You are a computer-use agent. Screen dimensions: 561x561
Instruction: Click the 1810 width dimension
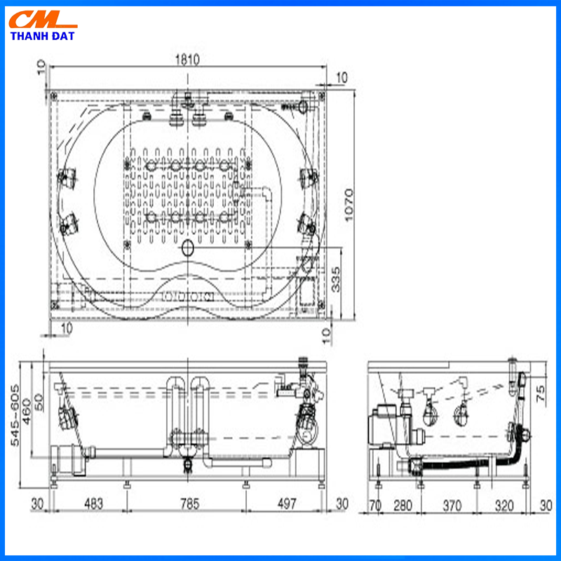click(x=187, y=60)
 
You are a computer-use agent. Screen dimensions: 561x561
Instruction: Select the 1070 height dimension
click(x=348, y=205)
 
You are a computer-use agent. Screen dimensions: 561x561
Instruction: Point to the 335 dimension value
click(x=336, y=279)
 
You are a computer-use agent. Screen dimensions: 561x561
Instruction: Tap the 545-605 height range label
click(x=15, y=415)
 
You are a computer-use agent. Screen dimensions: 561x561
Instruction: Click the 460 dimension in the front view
click(x=27, y=412)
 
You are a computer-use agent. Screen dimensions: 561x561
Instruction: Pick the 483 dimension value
click(x=94, y=503)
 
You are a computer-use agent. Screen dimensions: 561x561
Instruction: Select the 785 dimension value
click(x=189, y=503)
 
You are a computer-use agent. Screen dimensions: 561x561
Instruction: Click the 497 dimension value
click(x=287, y=503)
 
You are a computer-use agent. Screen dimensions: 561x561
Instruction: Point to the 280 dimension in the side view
click(x=403, y=506)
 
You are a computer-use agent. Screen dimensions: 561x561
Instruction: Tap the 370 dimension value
click(x=452, y=506)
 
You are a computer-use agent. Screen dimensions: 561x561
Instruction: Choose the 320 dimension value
click(x=504, y=506)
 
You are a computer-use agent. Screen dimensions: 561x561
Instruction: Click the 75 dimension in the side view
click(x=541, y=393)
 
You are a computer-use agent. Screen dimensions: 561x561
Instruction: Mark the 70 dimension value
click(x=375, y=506)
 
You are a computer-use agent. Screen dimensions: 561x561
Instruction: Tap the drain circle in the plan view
click(x=188, y=248)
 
